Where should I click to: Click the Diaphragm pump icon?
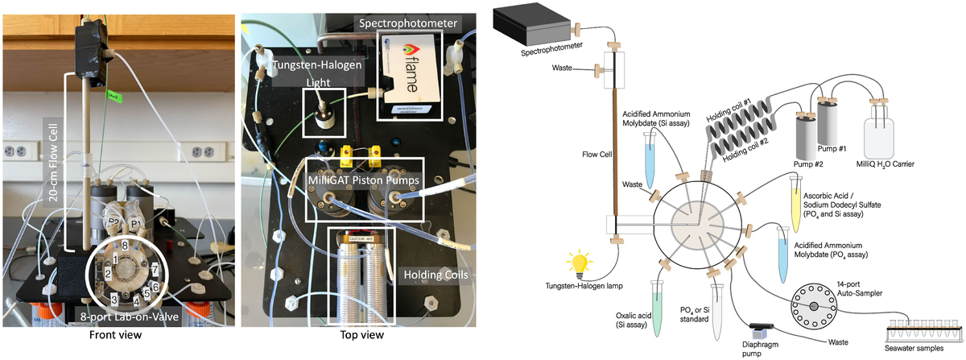point(759,333)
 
